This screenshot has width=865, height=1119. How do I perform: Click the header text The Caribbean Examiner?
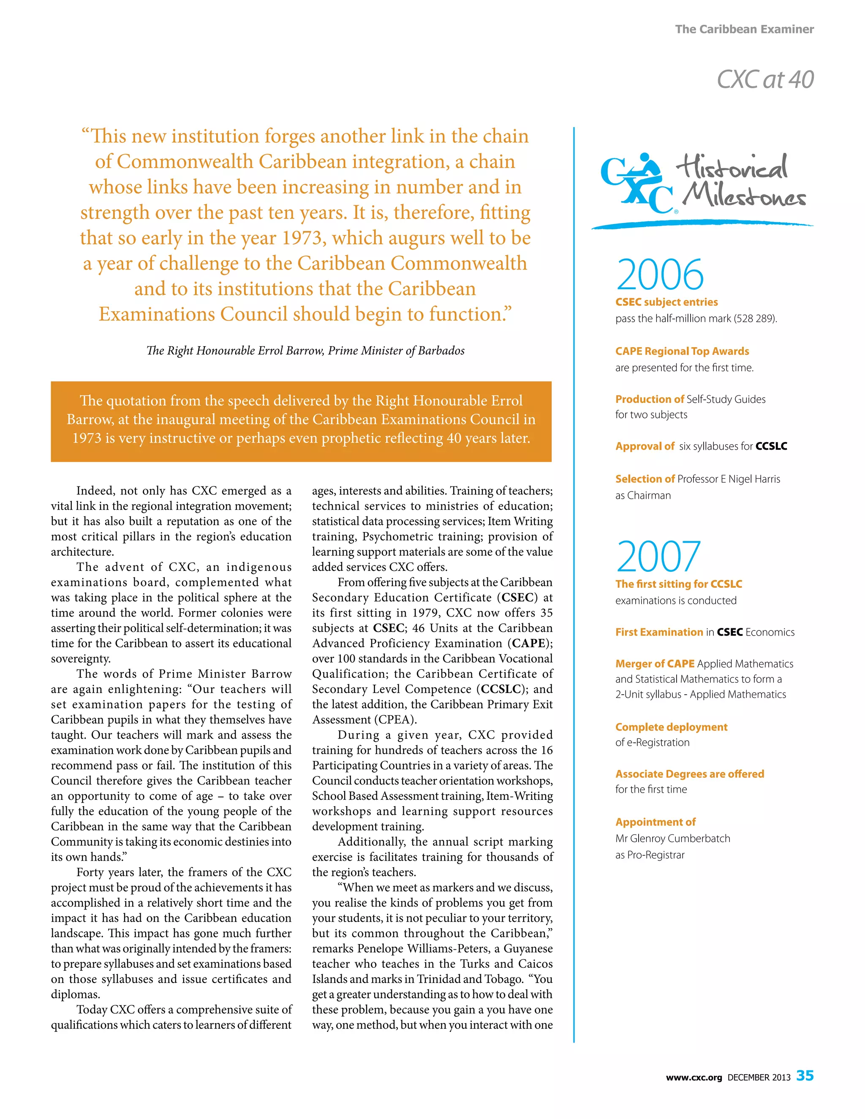[x=744, y=29]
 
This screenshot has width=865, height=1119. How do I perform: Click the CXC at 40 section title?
[x=764, y=79]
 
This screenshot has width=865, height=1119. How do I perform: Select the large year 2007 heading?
[x=658, y=557]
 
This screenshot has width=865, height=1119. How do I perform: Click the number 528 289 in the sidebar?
[x=755, y=319]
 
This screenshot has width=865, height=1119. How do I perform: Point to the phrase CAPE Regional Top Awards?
[x=682, y=351]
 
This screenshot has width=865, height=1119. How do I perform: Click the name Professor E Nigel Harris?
[x=728, y=479]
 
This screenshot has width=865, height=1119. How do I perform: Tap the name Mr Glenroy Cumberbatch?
[x=672, y=838]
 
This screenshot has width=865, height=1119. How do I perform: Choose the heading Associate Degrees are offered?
[x=689, y=774]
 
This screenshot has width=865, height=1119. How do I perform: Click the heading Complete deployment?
[x=671, y=727]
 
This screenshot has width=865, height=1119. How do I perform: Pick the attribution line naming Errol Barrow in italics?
[x=305, y=350]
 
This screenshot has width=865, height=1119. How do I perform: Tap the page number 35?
[x=805, y=1075]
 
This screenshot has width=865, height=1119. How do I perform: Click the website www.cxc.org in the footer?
[x=694, y=1078]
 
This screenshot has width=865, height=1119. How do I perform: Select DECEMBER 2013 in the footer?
[x=759, y=1078]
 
